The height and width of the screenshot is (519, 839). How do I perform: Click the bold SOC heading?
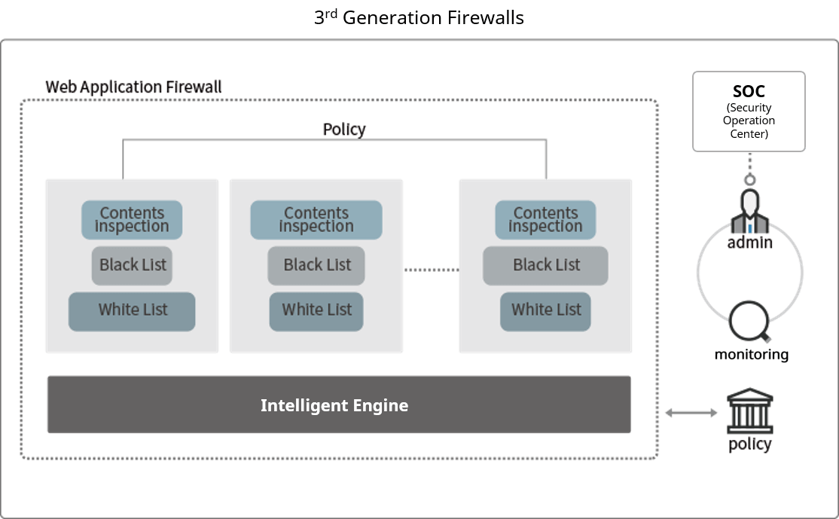pyautogui.click(x=749, y=92)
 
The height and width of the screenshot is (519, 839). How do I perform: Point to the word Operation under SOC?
pyautogui.click(x=749, y=121)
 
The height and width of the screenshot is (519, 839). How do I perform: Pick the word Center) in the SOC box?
pyautogui.click(x=749, y=134)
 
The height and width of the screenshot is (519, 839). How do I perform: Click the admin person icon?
pyautogui.click(x=749, y=213)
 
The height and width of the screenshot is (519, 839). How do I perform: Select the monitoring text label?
pyautogui.click(x=751, y=354)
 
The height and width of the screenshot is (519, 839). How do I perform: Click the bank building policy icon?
pyautogui.click(x=750, y=413)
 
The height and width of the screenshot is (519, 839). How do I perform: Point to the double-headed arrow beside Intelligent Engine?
pyautogui.click(x=691, y=412)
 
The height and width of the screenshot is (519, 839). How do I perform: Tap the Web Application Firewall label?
pyautogui.click(x=133, y=86)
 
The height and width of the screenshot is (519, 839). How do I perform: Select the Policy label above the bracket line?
pyautogui.click(x=344, y=129)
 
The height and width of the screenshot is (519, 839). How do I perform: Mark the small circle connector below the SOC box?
pyautogui.click(x=749, y=180)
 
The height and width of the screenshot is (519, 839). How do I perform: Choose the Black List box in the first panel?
pyautogui.click(x=132, y=265)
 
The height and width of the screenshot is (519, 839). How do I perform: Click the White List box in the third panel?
pyautogui.click(x=546, y=310)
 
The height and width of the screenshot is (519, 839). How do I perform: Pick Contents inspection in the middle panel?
pyautogui.click(x=316, y=220)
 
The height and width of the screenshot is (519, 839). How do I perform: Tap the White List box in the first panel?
pyautogui.click(x=132, y=310)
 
